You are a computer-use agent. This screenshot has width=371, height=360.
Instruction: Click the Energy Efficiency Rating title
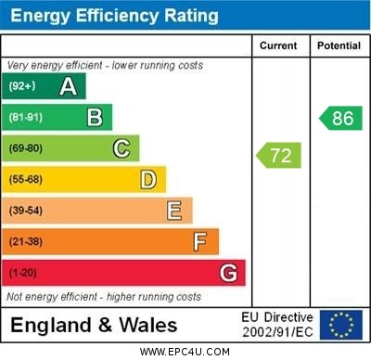[113, 16]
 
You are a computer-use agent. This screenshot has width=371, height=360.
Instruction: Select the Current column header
[278, 45]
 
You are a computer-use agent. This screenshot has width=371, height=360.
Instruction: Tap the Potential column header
[339, 45]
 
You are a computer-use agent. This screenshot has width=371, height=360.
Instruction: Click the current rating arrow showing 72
[279, 155]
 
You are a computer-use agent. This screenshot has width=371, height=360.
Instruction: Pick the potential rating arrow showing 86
[340, 118]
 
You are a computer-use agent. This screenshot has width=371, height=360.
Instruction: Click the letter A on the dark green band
[68, 86]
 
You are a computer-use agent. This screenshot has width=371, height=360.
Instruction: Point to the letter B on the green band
[95, 117]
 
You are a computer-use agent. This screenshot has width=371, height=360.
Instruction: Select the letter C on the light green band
[121, 148]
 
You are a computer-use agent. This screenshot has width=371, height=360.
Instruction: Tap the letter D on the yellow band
[147, 179]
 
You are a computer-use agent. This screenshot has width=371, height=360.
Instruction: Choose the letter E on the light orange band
[173, 211]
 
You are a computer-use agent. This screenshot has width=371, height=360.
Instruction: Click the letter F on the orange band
[199, 242]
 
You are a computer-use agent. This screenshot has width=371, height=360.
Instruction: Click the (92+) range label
[22, 86]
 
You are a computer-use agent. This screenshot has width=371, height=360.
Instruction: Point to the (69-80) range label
[26, 148]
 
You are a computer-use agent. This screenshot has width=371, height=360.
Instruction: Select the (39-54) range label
[26, 211]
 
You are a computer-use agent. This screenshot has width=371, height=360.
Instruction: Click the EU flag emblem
[341, 325]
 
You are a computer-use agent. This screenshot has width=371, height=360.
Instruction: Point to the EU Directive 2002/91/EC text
[277, 325]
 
